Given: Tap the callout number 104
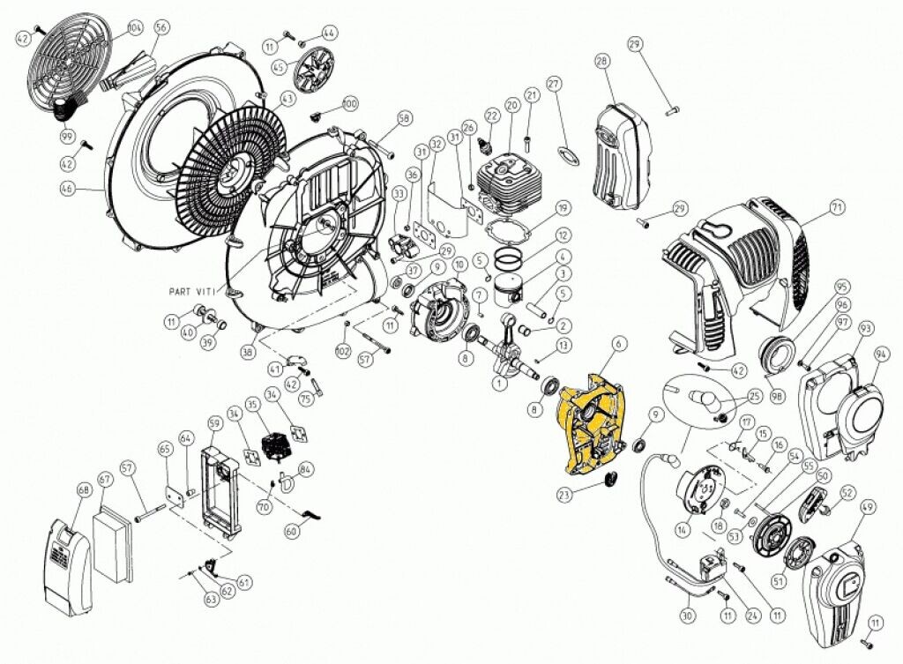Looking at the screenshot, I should click(135, 27).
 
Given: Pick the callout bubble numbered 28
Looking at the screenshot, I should click(602, 62).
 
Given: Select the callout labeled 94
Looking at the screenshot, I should click(882, 353).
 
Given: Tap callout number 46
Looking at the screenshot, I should click(66, 187).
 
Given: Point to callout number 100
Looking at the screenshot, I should click(350, 104).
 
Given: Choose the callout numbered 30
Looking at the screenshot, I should click(688, 615).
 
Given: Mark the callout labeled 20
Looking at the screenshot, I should click(511, 106).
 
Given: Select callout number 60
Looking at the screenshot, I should click(292, 531).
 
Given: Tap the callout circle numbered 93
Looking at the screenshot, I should click(864, 328).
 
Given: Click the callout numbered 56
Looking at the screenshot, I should click(160, 27).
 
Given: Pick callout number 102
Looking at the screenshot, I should click(343, 352).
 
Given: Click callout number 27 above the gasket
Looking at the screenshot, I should click(554, 84).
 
